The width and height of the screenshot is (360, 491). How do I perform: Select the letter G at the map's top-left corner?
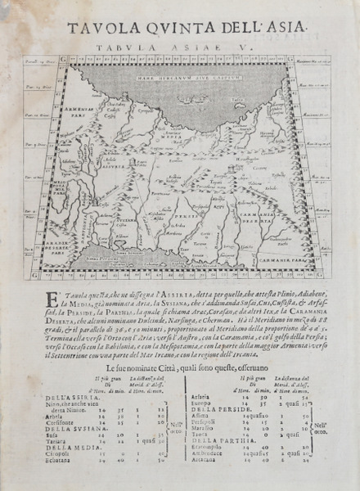point(28,61)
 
